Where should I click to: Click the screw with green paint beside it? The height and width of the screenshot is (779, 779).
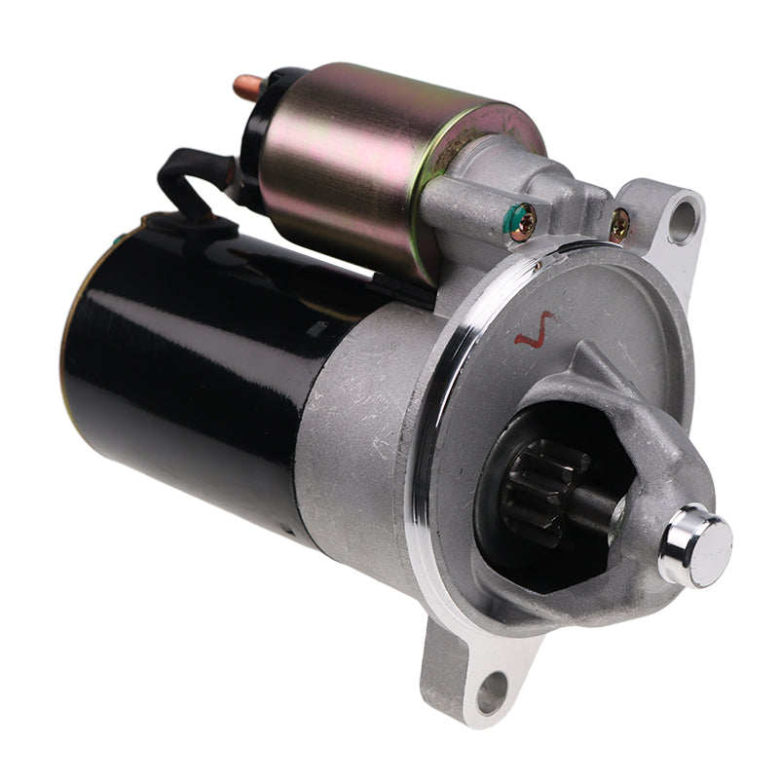(524, 223)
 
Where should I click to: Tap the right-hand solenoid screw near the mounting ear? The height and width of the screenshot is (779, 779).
(619, 227)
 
